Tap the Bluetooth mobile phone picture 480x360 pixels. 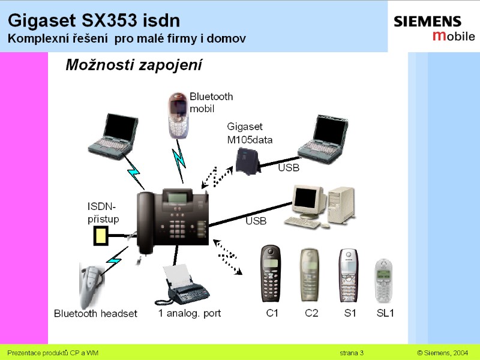click(178, 115)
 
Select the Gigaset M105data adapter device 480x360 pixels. click(248, 161)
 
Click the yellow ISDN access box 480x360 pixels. click(101, 235)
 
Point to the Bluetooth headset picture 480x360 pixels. click(91, 286)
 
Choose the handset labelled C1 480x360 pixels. click(271, 274)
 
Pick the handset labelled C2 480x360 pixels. click(310, 275)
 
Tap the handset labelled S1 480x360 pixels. click(349, 275)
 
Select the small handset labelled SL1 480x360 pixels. click(384, 281)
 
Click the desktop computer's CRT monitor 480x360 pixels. click(309, 202)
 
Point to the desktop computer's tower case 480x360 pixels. click(341, 205)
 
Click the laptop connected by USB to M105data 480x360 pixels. click(324, 139)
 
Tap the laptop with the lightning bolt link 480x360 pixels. click(114, 136)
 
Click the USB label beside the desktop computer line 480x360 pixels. click(256, 221)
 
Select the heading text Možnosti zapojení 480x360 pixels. click(134, 65)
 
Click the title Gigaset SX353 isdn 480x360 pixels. click(94, 20)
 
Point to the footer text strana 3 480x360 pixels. click(352, 353)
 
